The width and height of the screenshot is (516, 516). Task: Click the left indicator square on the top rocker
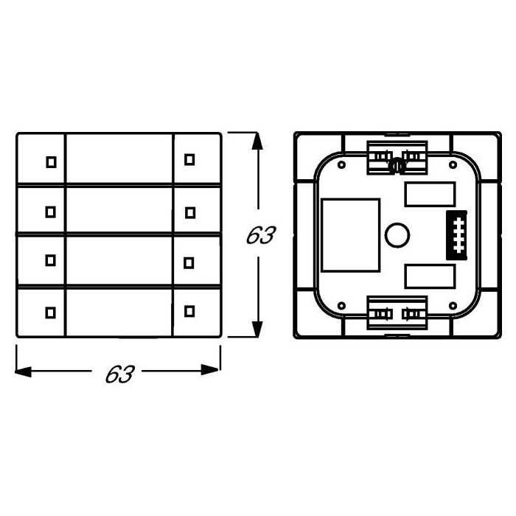coord(50,161)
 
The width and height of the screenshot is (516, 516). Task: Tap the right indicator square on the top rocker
coord(189,159)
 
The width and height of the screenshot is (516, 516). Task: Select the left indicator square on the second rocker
coord(50,212)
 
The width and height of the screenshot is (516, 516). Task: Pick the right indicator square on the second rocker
coord(189,212)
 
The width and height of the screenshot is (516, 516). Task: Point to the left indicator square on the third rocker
coord(50,259)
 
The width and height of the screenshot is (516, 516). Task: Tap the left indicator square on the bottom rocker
coord(50,312)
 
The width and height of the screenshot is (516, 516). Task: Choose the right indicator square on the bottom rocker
coord(189,312)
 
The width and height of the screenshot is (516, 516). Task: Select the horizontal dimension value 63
coord(118,374)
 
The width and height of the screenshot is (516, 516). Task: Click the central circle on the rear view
coord(397,235)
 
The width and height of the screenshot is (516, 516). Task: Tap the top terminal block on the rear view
coord(397,157)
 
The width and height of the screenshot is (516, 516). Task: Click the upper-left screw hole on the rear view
coord(342,165)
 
